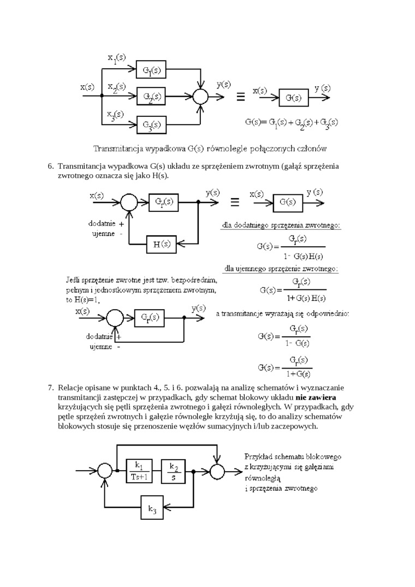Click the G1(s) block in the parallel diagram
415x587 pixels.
[x=151, y=70]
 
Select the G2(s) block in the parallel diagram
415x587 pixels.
[x=151, y=97]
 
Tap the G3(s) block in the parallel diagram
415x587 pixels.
[x=151, y=124]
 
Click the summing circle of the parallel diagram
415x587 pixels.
[x=201, y=97]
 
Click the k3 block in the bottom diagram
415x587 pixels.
[x=152, y=509]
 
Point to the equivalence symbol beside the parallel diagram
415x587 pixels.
[x=240, y=97]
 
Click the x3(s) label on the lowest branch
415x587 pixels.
[x=115, y=115]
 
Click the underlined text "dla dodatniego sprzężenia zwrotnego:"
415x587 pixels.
[x=281, y=225]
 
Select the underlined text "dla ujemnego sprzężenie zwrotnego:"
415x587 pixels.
[x=281, y=269]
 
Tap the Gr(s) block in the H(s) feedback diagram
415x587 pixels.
[x=164, y=201]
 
